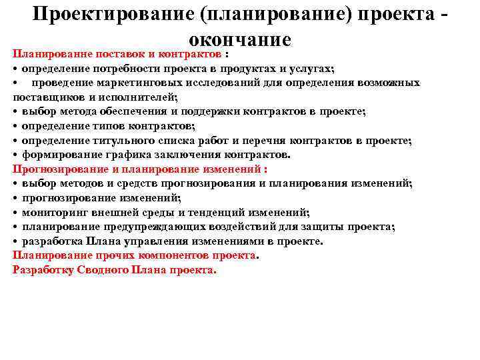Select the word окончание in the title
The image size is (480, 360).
tap(240, 39)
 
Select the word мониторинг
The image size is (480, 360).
tap(51, 213)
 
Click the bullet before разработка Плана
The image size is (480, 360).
tap(15, 241)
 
